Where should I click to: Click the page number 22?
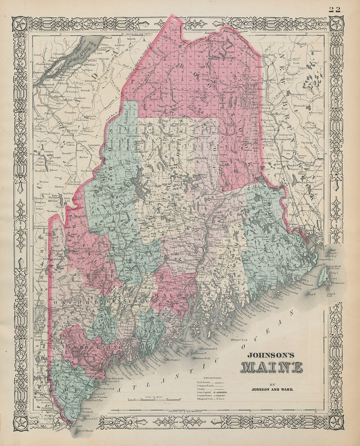335,9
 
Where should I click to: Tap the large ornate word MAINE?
272,367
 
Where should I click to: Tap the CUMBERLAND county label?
90,348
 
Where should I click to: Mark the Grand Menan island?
323,277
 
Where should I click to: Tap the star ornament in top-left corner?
20,24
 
